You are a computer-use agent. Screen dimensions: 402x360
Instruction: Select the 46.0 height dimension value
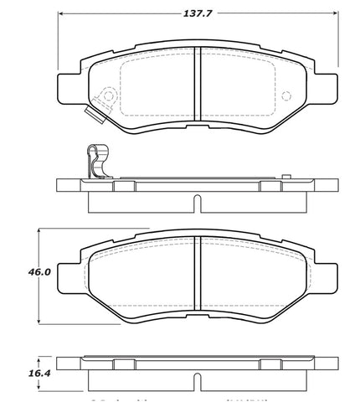click(26, 272)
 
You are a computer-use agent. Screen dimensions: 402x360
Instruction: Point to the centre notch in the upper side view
click(196, 202)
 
